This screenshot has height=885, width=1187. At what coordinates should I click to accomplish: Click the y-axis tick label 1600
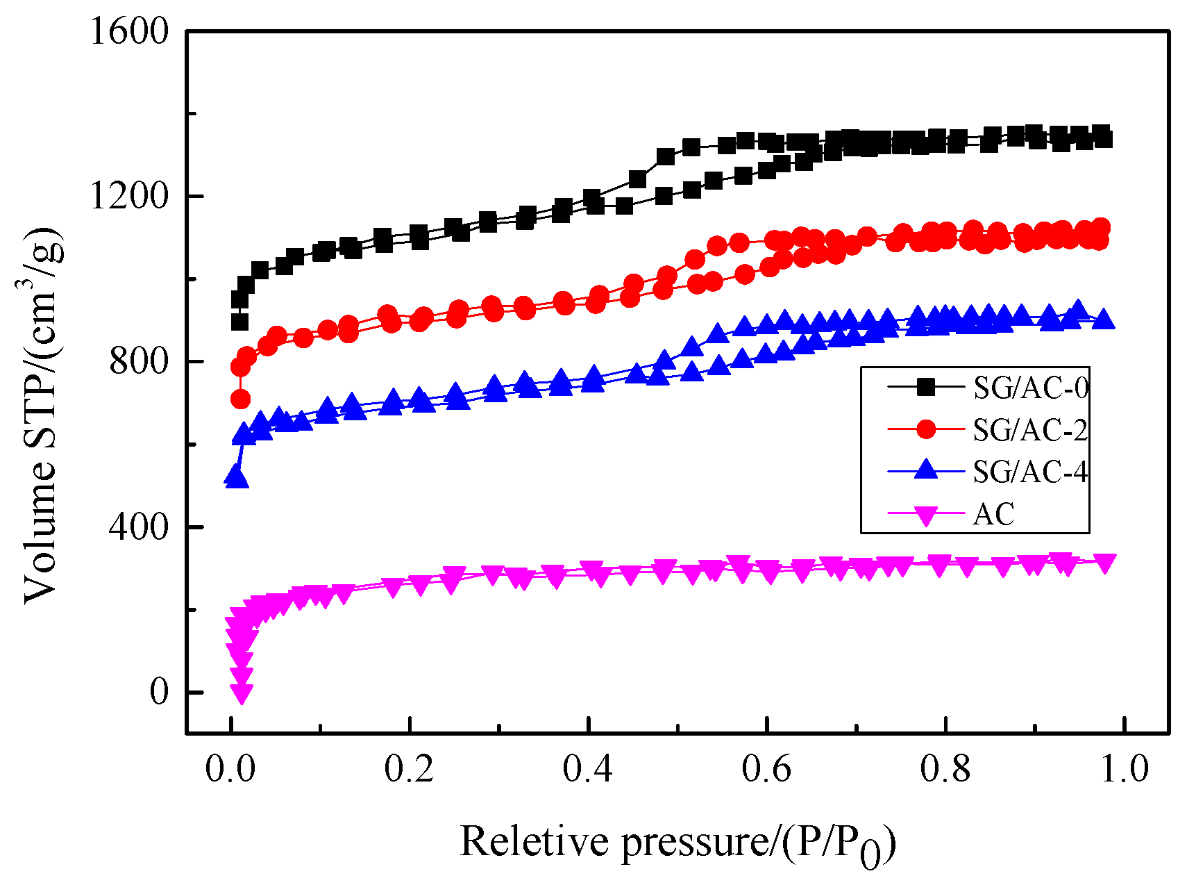click(x=129, y=31)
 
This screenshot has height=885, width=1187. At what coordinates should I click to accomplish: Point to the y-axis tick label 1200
click(x=129, y=197)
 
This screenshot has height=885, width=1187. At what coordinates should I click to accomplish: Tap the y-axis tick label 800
click(x=139, y=362)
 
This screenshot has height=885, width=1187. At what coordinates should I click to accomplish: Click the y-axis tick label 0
click(x=159, y=692)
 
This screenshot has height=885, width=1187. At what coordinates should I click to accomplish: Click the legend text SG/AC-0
click(x=1031, y=388)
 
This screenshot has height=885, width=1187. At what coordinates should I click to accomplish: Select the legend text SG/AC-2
click(x=1031, y=430)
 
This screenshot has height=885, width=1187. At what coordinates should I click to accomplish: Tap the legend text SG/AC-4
click(x=1031, y=472)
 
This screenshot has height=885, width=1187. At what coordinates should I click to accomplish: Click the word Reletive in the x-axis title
click(x=533, y=842)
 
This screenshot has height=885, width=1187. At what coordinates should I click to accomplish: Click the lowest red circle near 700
click(x=240, y=399)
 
